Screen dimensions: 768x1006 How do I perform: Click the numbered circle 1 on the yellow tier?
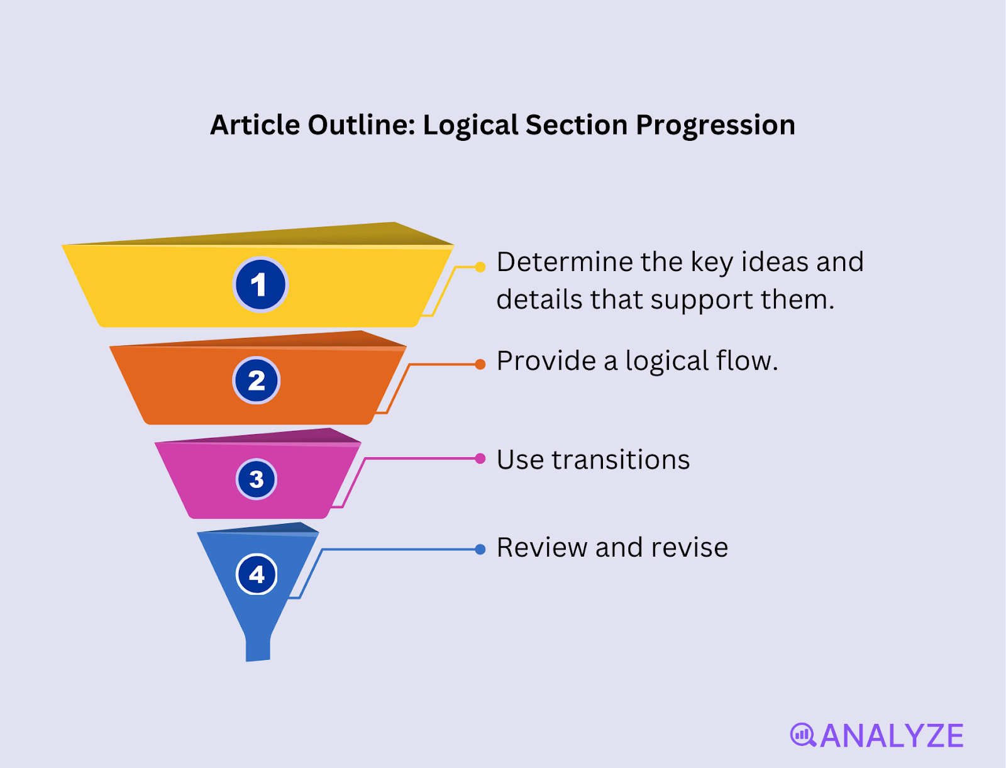pos(260,285)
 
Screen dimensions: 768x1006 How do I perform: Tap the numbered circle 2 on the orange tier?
pos(257,381)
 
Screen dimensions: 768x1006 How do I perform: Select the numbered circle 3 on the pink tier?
pos(257,479)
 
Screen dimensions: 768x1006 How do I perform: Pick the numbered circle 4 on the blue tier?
pos(257,574)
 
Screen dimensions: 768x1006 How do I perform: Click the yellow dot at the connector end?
pos(480,267)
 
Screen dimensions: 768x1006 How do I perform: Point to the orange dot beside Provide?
pos(480,364)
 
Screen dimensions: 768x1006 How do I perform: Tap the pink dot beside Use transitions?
pos(480,459)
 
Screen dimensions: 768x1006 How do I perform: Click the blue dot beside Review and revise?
pos(480,549)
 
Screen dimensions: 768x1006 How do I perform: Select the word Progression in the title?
pos(716,126)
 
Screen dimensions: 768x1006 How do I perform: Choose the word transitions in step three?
pos(621,460)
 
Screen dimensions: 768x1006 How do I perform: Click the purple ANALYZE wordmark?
pos(892,736)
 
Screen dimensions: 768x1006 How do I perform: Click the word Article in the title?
pos(255,125)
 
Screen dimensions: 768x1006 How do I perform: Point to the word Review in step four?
pos(541,548)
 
